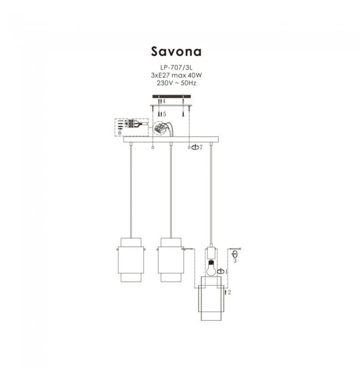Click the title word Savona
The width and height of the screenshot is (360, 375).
176,52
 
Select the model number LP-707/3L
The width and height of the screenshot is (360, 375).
176,68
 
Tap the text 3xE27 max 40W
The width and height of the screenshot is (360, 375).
176,75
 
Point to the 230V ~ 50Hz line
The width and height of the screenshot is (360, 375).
176,83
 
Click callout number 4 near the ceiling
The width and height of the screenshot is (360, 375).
164,101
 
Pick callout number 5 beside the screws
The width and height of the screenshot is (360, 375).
164,114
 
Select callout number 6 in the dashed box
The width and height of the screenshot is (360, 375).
120,132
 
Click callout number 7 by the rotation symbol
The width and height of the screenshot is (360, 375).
201,147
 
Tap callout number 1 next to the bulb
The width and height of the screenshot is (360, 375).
227,271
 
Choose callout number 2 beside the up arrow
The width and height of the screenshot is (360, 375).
229,292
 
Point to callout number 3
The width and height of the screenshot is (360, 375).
235,260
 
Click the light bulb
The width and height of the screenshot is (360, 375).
212,268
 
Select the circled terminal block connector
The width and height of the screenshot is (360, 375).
160,129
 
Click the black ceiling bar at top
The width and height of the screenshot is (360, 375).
172,96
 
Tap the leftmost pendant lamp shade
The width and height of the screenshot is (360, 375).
131,260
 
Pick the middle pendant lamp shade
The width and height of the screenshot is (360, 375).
171,260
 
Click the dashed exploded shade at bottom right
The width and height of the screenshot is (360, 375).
211,299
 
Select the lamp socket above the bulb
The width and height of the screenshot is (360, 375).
212,254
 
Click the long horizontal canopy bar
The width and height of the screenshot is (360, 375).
171,140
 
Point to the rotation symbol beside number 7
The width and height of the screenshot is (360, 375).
195,147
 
